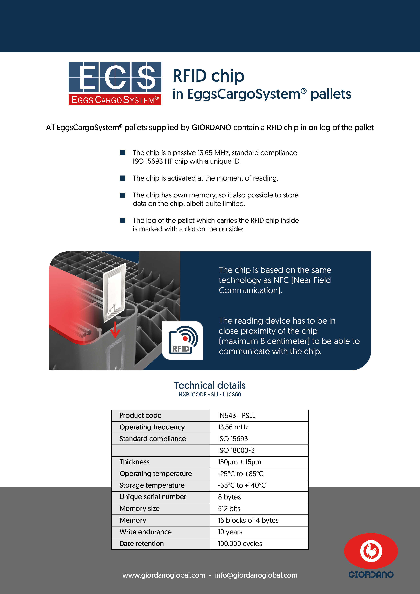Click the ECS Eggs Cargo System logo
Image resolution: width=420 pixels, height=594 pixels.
[x=115, y=83]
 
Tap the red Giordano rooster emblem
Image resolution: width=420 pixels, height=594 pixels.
[x=371, y=551]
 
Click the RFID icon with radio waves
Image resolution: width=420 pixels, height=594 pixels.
[x=183, y=341]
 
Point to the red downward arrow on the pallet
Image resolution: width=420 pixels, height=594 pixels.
[x=115, y=330]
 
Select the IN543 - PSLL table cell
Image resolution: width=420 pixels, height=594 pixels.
[x=259, y=416]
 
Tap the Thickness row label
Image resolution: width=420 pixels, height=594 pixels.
[x=134, y=462]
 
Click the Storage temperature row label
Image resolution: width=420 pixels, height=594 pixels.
[x=152, y=485]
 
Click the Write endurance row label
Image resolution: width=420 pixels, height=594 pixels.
[x=146, y=532]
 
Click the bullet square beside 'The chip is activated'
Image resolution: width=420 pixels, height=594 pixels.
[x=123, y=178]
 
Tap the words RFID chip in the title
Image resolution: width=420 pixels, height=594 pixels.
[x=208, y=76]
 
